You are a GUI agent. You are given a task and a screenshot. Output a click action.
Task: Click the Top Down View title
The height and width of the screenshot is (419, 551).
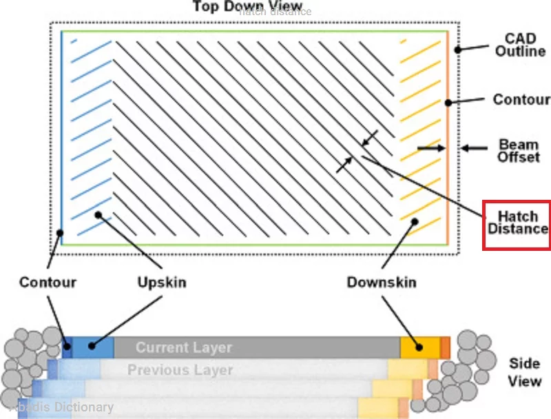(247, 7)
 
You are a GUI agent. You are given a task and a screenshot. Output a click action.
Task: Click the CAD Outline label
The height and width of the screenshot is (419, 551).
(520, 44)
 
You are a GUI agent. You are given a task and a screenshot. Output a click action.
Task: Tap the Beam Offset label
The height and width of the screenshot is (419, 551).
(518, 152)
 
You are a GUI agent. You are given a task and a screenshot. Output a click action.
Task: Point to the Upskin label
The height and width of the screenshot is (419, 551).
(161, 283)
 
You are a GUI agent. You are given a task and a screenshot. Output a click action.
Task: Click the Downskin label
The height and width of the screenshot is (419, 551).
(382, 283)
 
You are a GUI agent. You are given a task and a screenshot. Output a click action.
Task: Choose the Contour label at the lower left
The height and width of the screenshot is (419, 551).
(48, 283)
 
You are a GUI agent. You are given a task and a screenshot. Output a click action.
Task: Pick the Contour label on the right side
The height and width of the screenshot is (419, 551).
(521, 100)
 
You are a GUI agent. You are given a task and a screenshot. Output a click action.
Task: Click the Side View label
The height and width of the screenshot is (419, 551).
(525, 371)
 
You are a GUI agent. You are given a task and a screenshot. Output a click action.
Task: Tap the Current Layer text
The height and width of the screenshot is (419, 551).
(184, 348)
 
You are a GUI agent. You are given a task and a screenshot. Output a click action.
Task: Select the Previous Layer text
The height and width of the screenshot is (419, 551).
(180, 370)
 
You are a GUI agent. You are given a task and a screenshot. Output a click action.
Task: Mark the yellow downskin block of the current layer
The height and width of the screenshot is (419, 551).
(419, 347)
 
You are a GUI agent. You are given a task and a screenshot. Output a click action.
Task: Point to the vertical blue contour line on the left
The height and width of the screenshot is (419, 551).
(62, 138)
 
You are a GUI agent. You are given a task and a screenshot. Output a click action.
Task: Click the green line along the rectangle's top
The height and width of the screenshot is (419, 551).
(255, 32)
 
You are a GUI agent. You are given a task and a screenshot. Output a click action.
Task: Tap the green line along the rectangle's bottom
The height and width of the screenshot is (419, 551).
(255, 245)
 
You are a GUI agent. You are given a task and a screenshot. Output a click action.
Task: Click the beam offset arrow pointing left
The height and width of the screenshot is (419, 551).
(475, 147)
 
